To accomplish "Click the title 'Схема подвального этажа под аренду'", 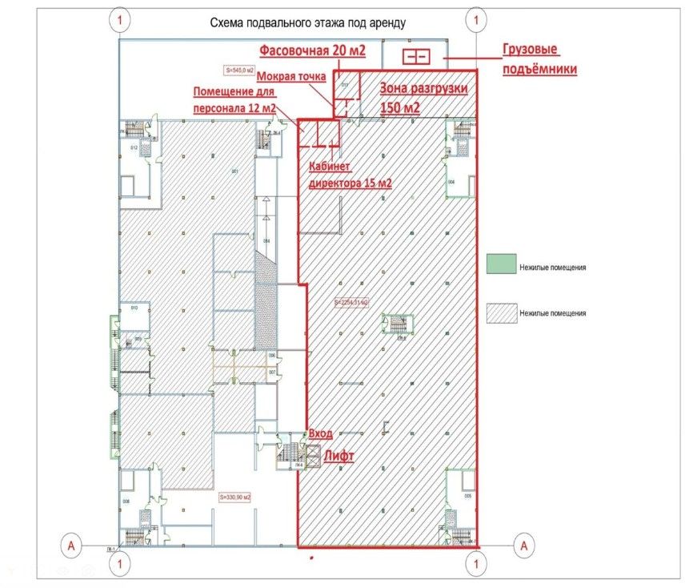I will pyautogui.click(x=308, y=23).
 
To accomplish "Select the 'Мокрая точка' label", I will pyautogui.click(x=290, y=77).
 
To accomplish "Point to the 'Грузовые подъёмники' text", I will pyautogui.click(x=540, y=60).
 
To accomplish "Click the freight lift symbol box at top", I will pyautogui.click(x=415, y=57).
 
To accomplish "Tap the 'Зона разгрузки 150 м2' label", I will pyautogui.click(x=423, y=98).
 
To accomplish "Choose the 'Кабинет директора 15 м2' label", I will pyautogui.click(x=351, y=175).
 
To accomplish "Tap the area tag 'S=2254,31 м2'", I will pyautogui.click(x=351, y=304).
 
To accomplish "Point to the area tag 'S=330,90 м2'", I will pyautogui.click(x=234, y=497).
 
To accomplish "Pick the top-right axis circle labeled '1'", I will pyautogui.click(x=477, y=18).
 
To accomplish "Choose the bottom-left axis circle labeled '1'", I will pyautogui.click(x=120, y=565).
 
